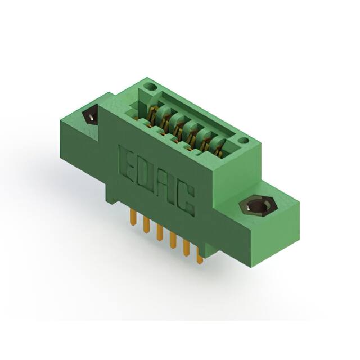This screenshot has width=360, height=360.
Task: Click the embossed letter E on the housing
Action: click(x=127, y=163)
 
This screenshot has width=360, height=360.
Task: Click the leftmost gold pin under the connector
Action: click(x=132, y=217)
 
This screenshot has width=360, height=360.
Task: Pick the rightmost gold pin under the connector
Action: click(x=199, y=256)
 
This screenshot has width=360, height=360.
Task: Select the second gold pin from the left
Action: click(x=145, y=225)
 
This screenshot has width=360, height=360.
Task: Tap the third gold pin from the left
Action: click(x=159, y=232)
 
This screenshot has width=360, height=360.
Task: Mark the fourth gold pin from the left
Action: click(x=173, y=240)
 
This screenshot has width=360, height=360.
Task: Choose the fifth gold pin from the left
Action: click(x=186, y=249)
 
